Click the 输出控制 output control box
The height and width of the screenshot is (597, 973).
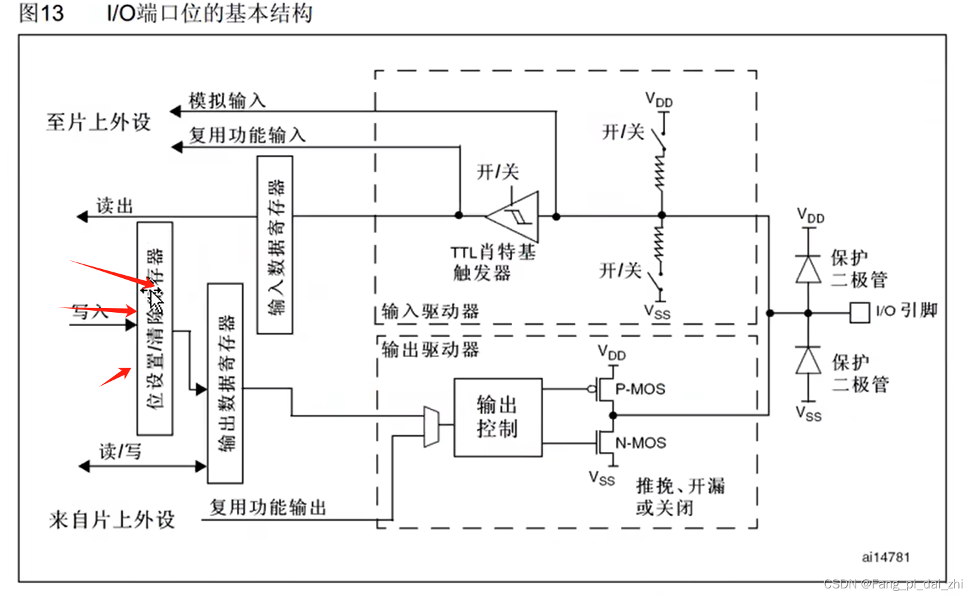coord(497,417)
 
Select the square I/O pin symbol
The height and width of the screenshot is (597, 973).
coord(860,313)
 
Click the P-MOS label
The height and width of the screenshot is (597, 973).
coord(640,390)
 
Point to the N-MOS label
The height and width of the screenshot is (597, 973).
coord(640,443)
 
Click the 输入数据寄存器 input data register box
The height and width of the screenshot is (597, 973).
coord(275,245)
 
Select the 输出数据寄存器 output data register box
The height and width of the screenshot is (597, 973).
coord(225,383)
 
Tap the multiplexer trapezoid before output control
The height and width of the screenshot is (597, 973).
coord(431,427)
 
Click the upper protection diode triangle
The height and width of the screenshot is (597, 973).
coord(808,270)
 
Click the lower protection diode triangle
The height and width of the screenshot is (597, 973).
coord(808,361)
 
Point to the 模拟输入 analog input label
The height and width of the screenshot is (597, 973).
coord(227,101)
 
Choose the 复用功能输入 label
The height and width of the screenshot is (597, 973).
coord(247,135)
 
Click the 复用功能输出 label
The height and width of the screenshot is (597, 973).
coord(268,508)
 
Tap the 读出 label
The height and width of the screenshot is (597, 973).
coord(115,206)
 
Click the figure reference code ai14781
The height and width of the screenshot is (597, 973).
coord(885,557)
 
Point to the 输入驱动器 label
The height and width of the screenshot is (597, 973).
coord(430,311)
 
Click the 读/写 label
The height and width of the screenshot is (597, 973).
coord(120,452)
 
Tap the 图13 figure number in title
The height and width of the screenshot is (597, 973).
coord(41,13)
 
